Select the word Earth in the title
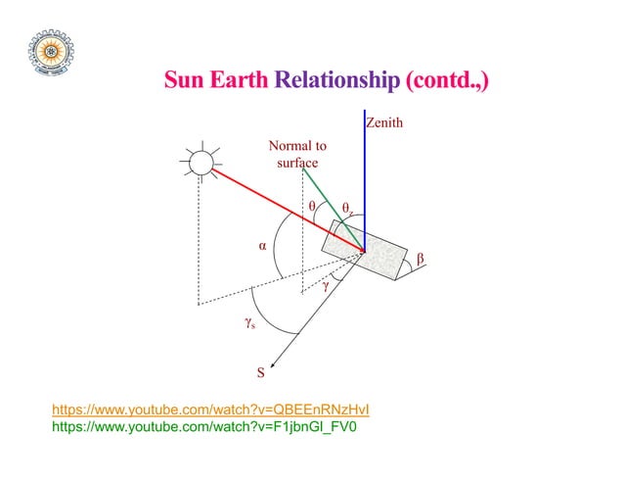pos(241,79)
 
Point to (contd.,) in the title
pos(443,79)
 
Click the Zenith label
pos(383,123)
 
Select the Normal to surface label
pos(297,154)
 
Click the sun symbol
pos(201,161)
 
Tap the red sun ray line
pos(284,210)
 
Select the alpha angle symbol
pos(262,247)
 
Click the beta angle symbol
pos(421,258)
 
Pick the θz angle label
pos(347,208)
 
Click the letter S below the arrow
pos(260,372)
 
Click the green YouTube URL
pos(203,427)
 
